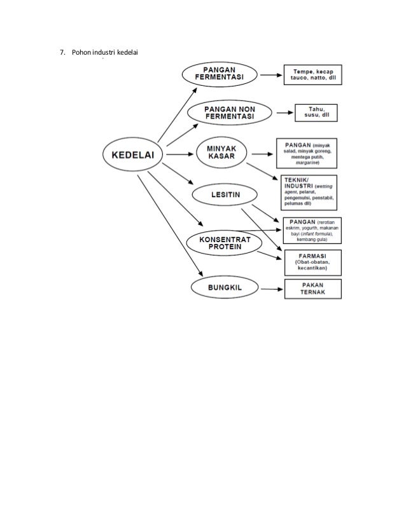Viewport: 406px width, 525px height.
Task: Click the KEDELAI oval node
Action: (x=134, y=153)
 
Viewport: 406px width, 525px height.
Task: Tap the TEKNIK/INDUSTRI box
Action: (x=309, y=192)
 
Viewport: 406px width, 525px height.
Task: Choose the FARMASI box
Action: (x=312, y=261)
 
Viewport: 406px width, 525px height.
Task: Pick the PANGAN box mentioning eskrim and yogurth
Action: (x=312, y=229)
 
